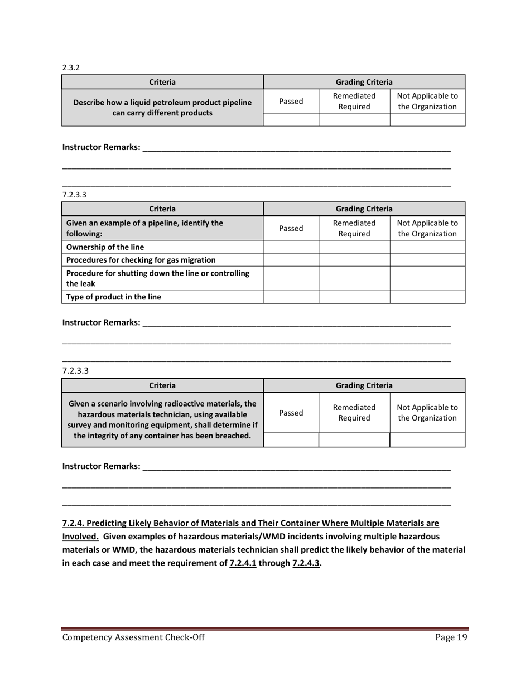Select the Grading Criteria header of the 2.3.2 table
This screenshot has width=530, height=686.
(364, 82)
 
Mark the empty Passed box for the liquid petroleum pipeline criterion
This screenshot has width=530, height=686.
(291, 119)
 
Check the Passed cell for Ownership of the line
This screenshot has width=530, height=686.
(291, 247)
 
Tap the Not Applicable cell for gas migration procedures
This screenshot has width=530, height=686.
(427, 260)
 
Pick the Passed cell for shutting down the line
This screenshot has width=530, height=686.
(291, 278)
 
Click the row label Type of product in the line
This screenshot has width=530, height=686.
(113, 297)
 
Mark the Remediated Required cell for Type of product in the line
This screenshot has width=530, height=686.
(354, 297)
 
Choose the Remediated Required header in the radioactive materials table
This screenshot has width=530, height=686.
(354, 413)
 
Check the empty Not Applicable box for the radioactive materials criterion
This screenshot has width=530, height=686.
(427, 440)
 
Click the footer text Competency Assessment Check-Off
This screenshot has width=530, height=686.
(133, 638)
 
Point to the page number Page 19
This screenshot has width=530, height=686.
(450, 638)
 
